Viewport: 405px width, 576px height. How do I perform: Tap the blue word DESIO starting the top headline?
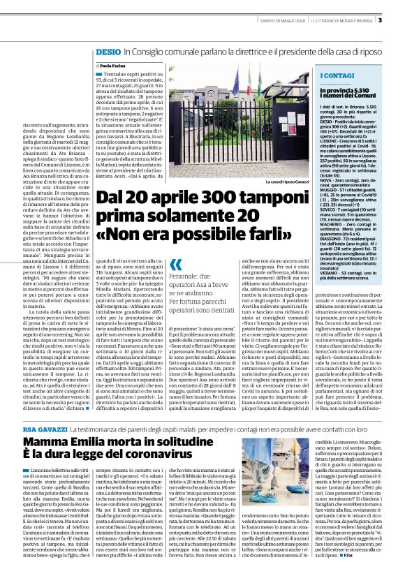click(x=108, y=52)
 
